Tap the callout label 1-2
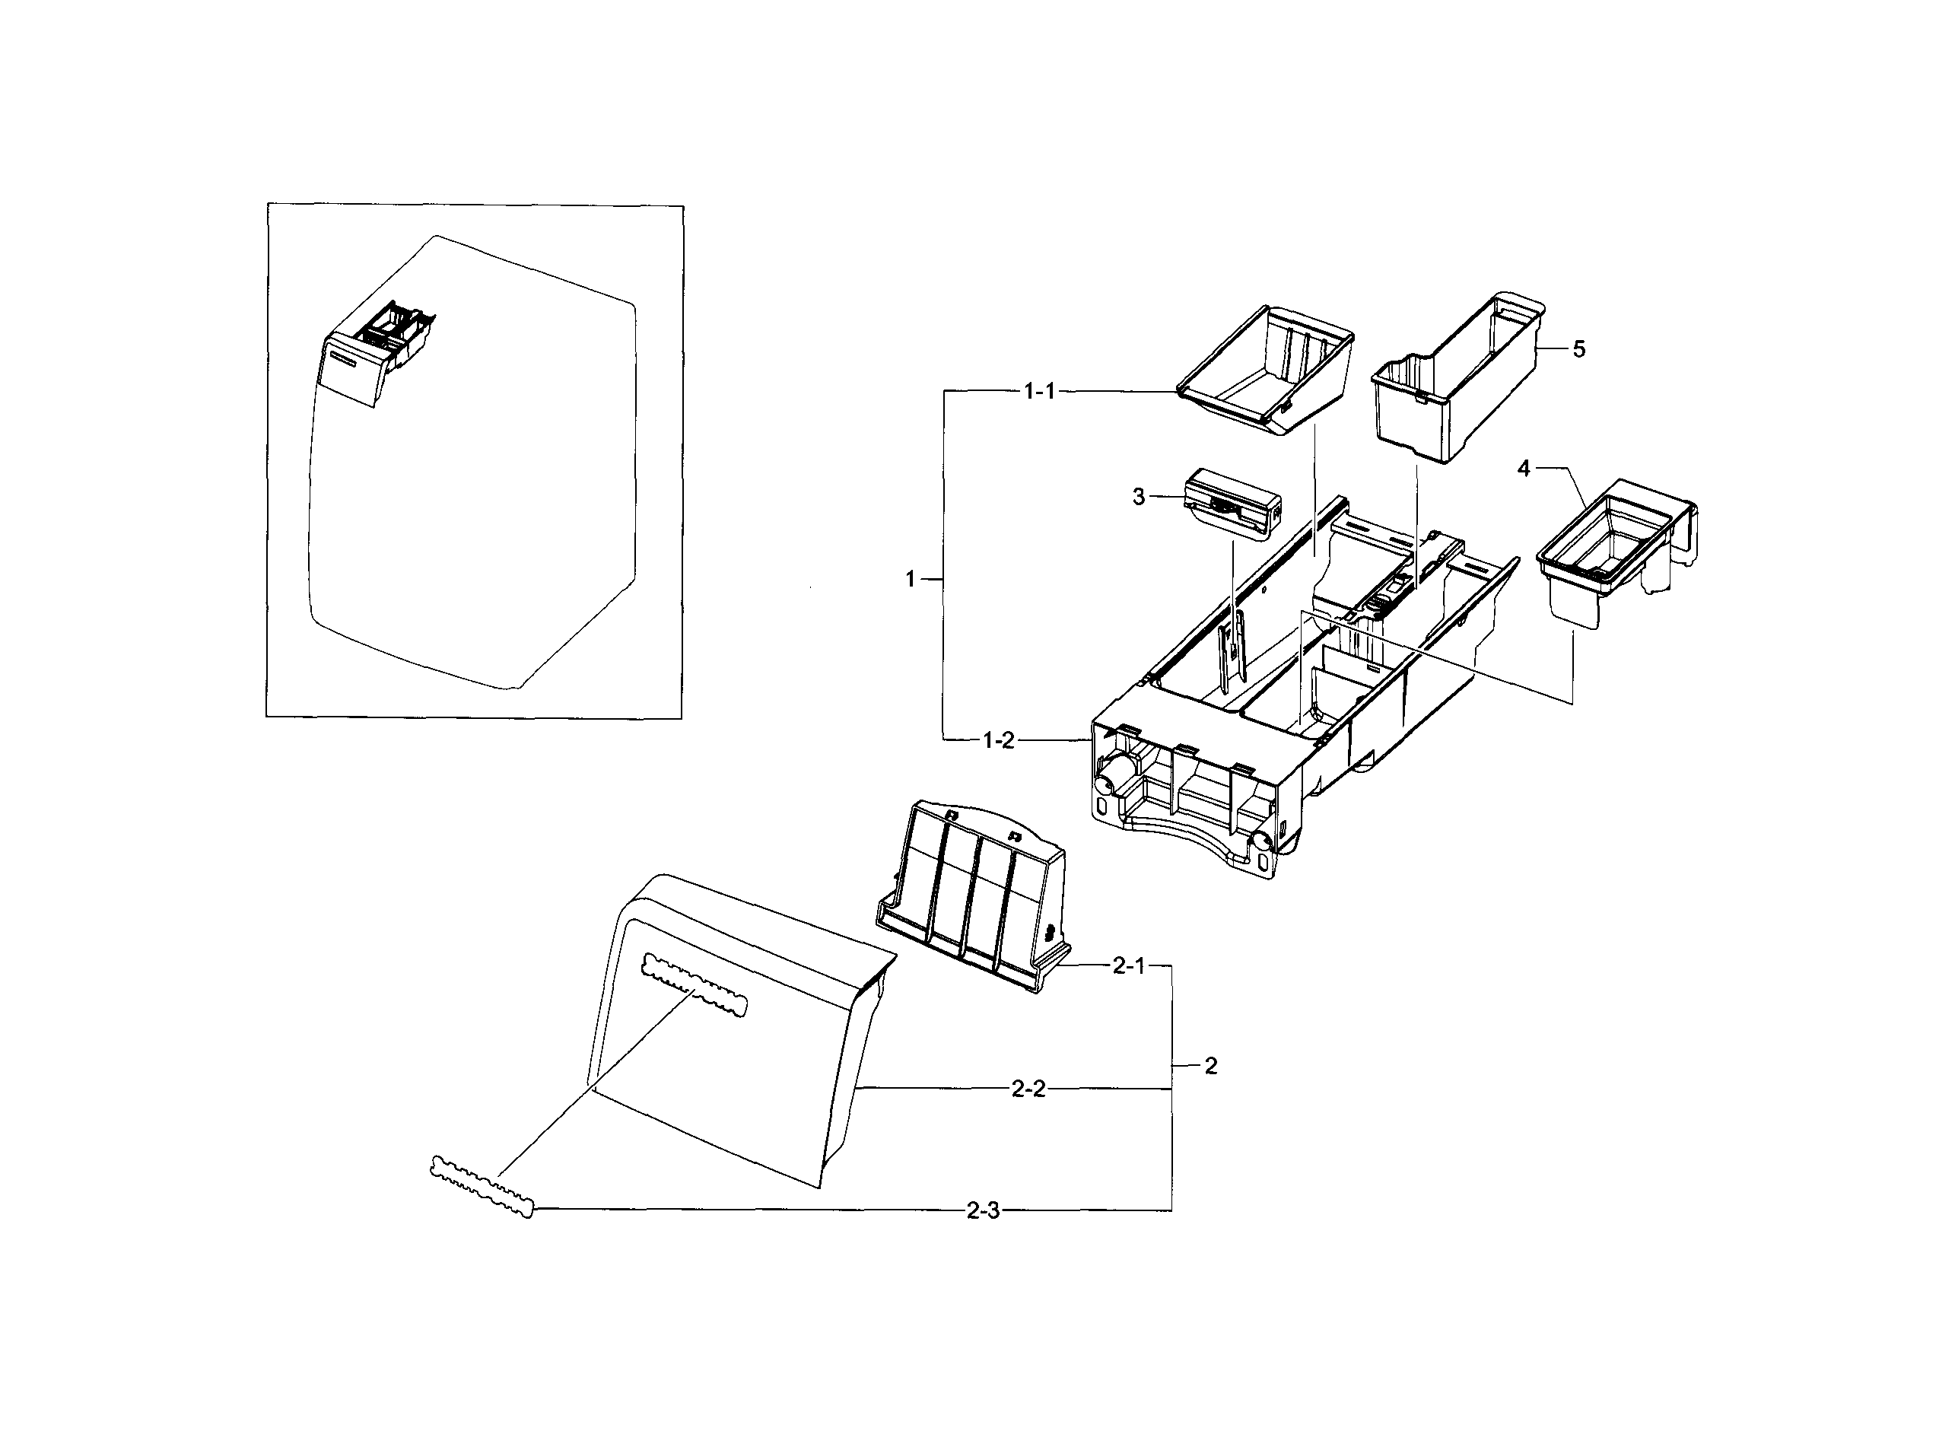[997, 741]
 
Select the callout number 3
[1138, 497]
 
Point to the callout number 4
[1523, 469]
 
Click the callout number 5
[1578, 348]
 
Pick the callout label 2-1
[1128, 966]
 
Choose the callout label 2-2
[1028, 1089]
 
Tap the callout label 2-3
[982, 1210]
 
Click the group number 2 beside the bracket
[1210, 1066]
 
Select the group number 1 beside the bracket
[910, 578]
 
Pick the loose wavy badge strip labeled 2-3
[481, 1187]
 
